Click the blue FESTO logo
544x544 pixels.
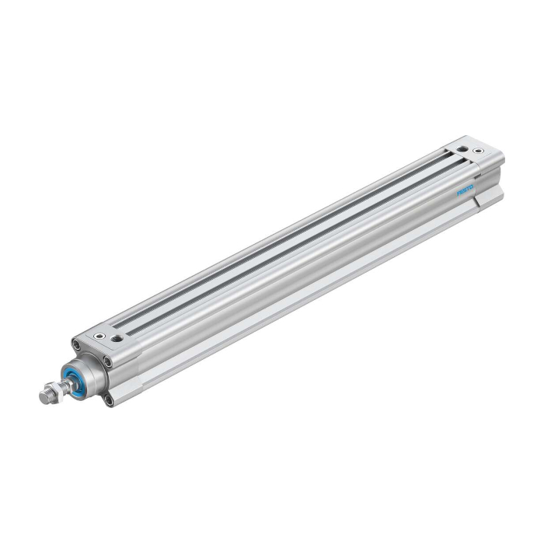point(465,190)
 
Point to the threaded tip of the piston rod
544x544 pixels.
point(45,396)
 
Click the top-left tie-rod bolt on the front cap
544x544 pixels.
point(75,344)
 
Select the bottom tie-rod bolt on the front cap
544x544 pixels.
point(109,400)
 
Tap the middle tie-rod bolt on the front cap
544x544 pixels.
point(108,362)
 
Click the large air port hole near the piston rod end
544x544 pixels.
point(116,338)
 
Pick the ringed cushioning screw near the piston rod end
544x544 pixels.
point(100,336)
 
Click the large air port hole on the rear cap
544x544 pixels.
point(462,149)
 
